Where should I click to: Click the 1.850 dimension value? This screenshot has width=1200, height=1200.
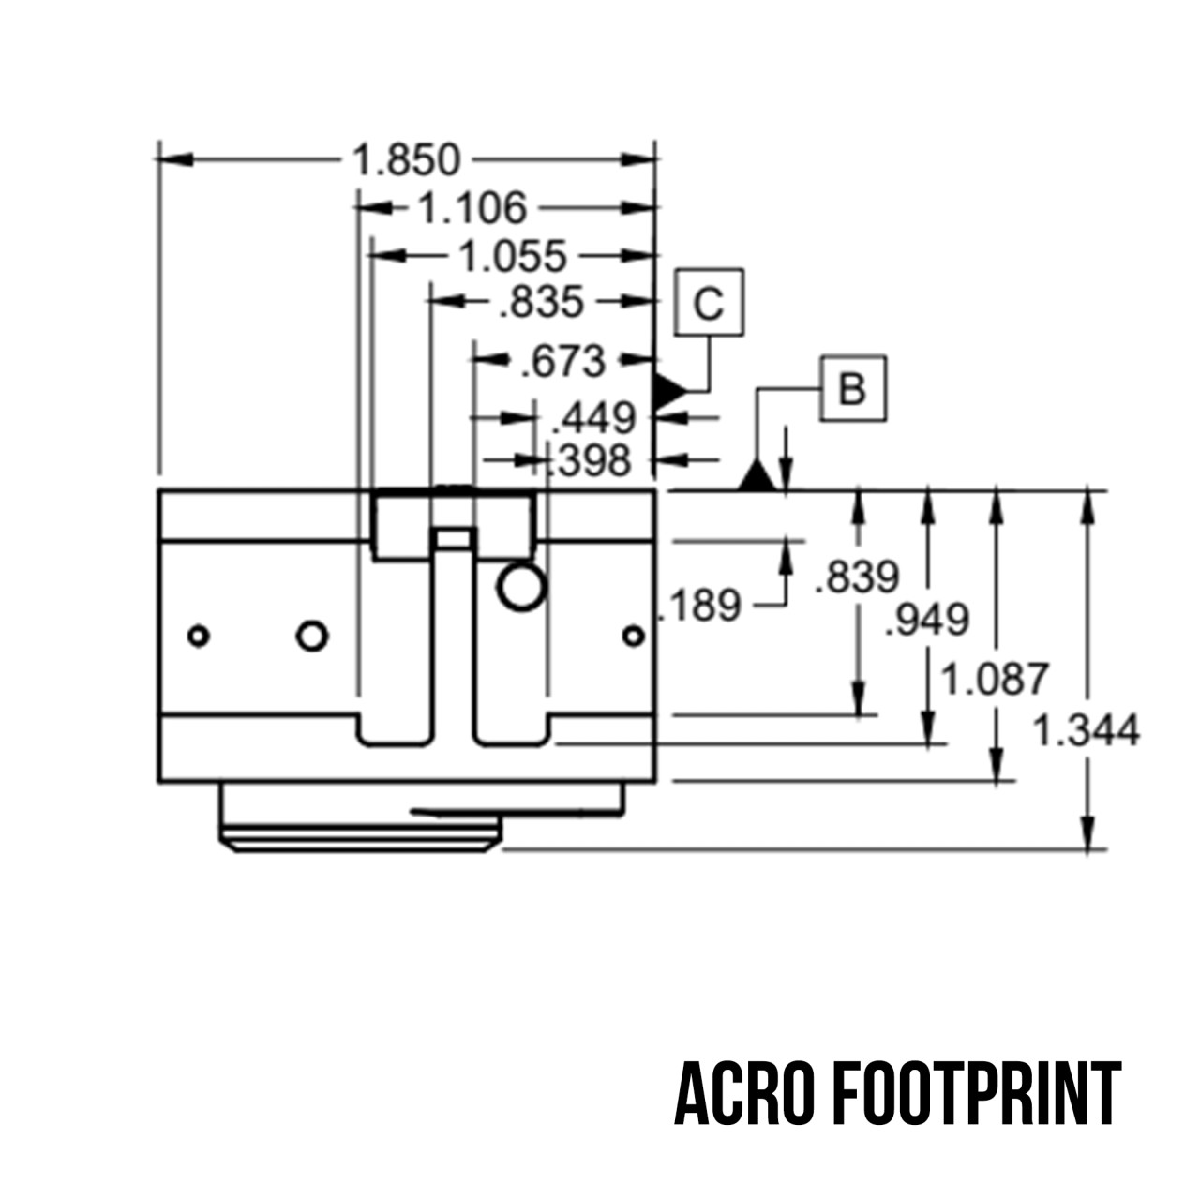407,160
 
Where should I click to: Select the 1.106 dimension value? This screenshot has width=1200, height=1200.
472,208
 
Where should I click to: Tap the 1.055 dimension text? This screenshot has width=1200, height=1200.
514,256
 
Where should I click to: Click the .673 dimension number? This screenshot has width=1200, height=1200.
563,361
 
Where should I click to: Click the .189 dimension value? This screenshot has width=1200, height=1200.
700,606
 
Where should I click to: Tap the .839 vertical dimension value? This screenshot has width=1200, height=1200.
857,577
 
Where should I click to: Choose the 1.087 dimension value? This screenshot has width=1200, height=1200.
994,678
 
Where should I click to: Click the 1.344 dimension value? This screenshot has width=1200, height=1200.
1086,730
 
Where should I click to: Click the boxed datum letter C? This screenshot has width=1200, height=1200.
710,304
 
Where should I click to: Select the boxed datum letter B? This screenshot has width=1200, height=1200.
852,388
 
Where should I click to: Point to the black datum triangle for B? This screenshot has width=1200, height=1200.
757,477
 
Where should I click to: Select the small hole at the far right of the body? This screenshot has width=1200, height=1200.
634,637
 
